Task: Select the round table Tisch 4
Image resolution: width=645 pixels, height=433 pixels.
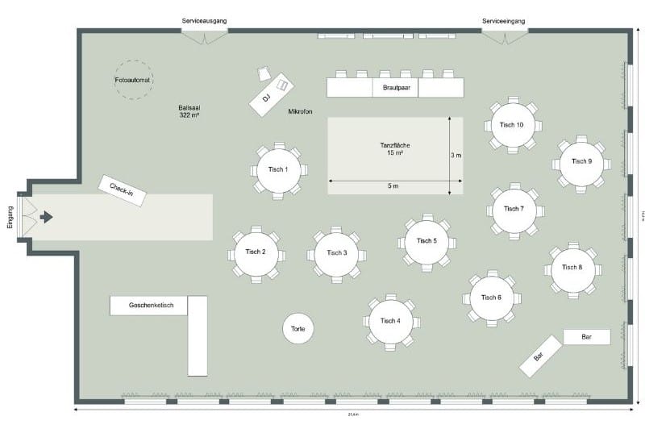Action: [x=390, y=321]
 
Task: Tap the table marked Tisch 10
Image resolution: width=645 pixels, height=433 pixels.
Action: [x=511, y=125]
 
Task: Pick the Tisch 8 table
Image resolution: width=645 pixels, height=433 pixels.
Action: [x=572, y=267]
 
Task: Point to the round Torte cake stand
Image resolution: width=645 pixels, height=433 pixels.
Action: [x=298, y=328]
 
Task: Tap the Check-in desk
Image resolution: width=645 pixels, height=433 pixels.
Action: [x=122, y=189]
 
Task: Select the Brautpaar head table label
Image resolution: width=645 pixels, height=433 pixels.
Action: [x=395, y=87]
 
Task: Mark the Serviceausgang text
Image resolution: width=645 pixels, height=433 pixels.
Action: [x=204, y=19]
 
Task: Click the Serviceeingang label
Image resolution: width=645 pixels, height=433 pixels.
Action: [x=504, y=19]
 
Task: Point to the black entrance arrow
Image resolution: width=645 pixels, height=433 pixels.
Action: [x=47, y=217]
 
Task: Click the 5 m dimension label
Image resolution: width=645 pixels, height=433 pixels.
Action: [x=393, y=186]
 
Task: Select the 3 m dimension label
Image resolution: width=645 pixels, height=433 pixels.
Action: [x=456, y=155]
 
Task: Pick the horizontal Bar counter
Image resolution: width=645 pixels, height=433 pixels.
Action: [x=586, y=337]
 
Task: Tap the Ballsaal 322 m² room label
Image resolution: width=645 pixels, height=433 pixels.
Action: [x=189, y=111]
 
